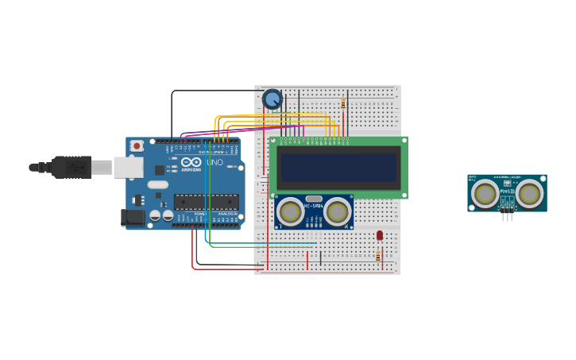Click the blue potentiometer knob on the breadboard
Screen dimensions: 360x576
click(273, 99)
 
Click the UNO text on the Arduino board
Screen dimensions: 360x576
click(215, 163)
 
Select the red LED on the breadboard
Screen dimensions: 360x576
click(380, 234)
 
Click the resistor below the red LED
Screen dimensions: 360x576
click(377, 255)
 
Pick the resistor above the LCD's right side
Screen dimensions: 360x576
click(343, 103)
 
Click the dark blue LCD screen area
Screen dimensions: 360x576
click(338, 167)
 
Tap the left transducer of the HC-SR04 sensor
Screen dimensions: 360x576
click(291, 211)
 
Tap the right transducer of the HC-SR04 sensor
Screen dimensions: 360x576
click(338, 211)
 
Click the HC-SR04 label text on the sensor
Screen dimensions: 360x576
click(314, 208)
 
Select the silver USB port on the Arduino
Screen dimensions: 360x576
click(127, 167)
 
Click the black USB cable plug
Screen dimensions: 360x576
click(72, 167)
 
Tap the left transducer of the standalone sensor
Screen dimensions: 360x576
click(485, 192)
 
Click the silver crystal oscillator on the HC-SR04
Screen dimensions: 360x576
click(314, 199)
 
